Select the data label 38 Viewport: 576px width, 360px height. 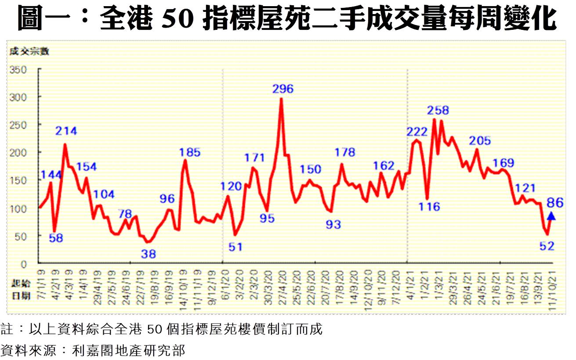click(149, 253)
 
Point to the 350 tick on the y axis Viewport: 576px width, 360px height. click(19, 69)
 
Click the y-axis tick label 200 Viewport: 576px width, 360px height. click(19, 152)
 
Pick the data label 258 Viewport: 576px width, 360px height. click(438, 110)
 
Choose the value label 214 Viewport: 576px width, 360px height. click(66, 131)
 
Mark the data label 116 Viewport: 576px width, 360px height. click(429, 206)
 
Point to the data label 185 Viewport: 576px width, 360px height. click(190, 153)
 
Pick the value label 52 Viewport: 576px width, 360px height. click(547, 246)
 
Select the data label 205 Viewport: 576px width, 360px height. click(480, 141)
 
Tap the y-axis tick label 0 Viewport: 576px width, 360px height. click(25, 263)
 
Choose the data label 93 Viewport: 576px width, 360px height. click(333, 225)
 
